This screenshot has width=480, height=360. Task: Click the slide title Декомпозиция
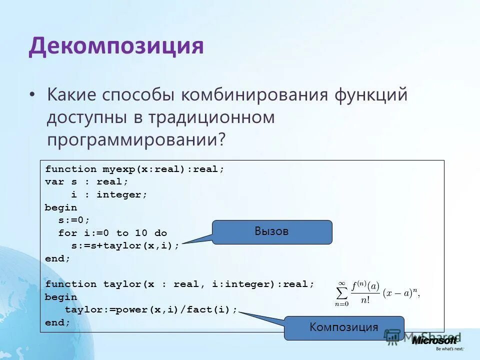coord(116,46)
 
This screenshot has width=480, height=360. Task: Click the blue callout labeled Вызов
coord(272,232)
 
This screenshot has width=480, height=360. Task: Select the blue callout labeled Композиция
coord(344,328)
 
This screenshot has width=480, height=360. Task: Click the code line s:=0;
coord(74,220)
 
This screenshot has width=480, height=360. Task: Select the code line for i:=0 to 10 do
coord(112,233)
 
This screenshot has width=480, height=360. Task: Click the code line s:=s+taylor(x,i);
coord(125,246)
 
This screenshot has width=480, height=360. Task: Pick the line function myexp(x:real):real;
coord(135,169)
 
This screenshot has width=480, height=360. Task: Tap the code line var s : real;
coord(86,182)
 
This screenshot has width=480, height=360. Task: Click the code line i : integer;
coord(109,194)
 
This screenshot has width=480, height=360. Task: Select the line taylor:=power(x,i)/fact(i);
coord(151,310)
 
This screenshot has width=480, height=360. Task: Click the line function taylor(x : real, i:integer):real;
coord(180,284)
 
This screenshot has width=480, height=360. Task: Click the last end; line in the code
coord(58,323)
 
